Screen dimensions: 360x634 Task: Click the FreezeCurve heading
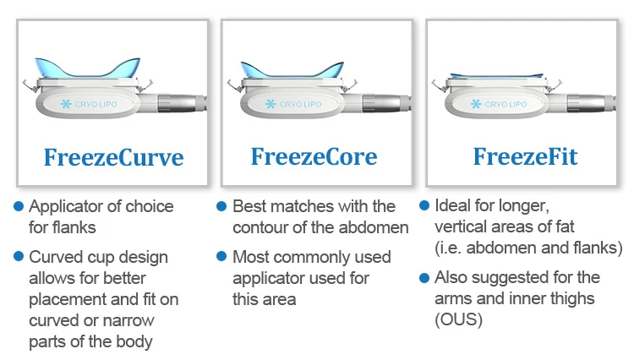113,158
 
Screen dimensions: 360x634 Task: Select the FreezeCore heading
314,156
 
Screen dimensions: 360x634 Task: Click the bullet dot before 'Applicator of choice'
19,206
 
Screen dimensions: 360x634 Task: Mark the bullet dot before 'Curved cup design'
19,257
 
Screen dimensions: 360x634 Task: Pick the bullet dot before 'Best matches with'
221,206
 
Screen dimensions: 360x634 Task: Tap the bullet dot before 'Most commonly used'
221,256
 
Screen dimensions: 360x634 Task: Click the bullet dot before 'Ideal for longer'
424,206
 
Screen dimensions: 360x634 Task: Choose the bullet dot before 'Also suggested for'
424,277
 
